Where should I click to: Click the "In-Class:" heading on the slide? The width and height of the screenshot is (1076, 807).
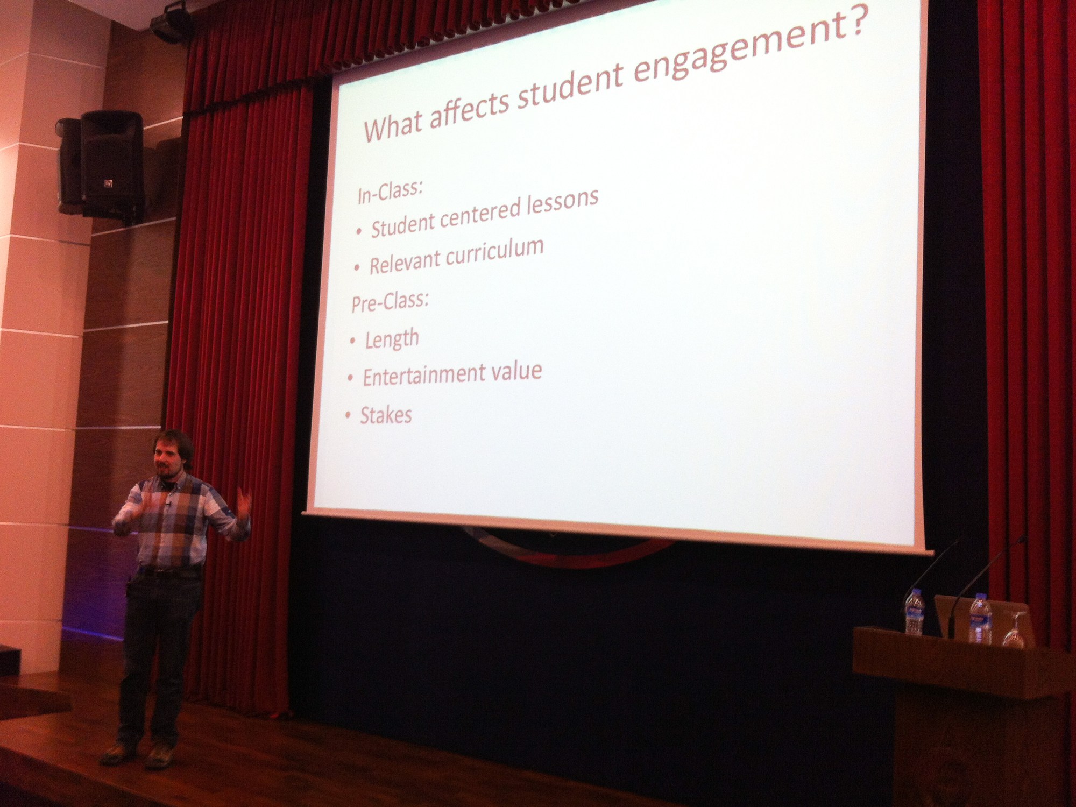pyautogui.click(x=390, y=191)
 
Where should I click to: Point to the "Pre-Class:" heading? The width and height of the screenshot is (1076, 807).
pyautogui.click(x=390, y=301)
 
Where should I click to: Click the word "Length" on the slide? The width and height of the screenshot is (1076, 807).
pyautogui.click(x=392, y=339)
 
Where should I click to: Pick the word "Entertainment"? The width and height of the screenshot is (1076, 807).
pyautogui.click(x=423, y=376)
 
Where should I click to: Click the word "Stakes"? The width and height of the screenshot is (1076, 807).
pyautogui.click(x=386, y=415)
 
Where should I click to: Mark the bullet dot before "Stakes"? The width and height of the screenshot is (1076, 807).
pyautogui.click(x=348, y=415)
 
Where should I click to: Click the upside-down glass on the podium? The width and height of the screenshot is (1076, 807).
pyautogui.click(x=1014, y=629)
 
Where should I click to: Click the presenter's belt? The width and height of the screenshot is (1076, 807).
pyautogui.click(x=169, y=572)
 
